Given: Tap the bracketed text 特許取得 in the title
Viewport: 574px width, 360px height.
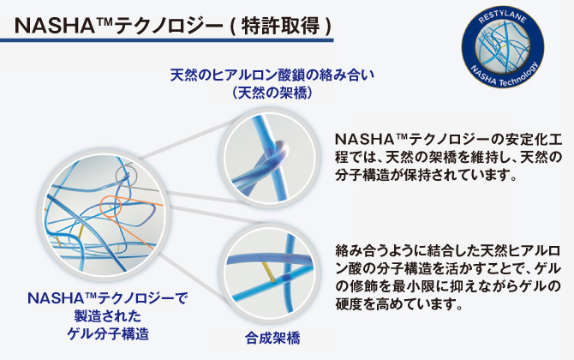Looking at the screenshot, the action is [281, 26].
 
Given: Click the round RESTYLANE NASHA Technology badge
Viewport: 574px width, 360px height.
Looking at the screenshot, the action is [502, 47].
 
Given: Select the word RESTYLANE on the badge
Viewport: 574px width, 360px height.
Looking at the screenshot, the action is [502, 17].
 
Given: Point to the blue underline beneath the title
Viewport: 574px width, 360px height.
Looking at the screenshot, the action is [167, 39].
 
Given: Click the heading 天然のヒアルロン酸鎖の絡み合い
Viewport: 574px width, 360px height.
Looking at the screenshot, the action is [272, 75].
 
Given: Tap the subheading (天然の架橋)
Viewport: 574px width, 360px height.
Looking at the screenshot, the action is [272, 93].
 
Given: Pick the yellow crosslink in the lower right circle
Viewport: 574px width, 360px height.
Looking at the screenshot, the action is [268, 272].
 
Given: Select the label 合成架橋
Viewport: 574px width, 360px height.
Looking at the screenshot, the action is [272, 338].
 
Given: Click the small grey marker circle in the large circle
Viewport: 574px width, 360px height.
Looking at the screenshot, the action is [126, 176].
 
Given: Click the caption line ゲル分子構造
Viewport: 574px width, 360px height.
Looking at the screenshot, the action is [108, 333].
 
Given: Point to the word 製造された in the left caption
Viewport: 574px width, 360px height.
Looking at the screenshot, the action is [108, 315].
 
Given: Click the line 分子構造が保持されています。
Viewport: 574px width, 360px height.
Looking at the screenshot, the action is [427, 175].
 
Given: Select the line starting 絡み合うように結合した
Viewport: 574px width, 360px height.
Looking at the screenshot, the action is [448, 251].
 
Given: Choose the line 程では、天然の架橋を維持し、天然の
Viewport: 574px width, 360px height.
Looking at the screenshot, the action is [448, 157].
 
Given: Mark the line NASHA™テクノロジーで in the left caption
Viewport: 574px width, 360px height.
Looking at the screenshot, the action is [108, 297].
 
